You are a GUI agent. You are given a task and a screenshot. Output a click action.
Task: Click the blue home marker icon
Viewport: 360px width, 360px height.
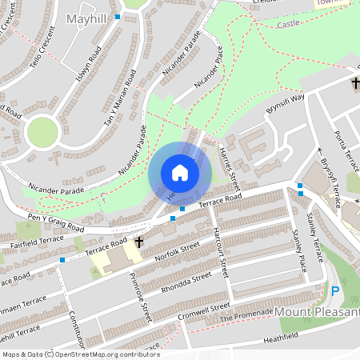point(179,173)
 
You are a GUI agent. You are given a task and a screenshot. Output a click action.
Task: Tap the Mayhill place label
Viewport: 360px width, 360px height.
point(87,18)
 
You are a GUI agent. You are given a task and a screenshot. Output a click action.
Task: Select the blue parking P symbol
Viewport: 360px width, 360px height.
point(335,291)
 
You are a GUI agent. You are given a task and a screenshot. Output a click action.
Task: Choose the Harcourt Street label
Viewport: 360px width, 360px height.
point(222,257)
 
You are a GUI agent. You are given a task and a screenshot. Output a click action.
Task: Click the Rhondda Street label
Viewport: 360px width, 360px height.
point(186,281)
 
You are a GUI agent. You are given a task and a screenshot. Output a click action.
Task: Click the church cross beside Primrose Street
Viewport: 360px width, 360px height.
point(139,241)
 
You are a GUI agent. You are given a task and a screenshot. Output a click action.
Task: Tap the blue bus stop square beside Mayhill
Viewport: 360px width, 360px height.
point(118,16)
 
